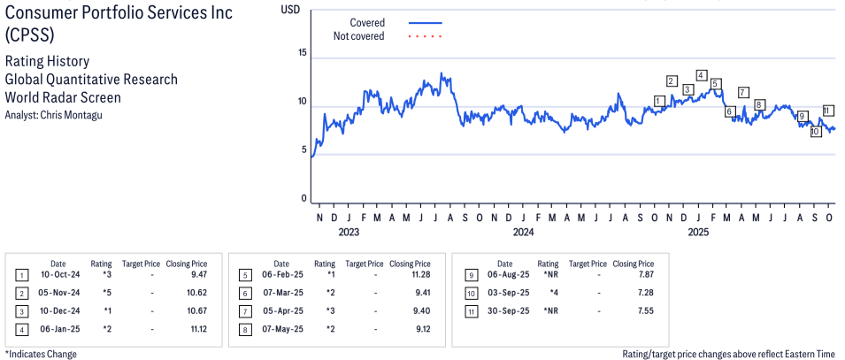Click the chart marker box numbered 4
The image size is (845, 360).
[x=701, y=75]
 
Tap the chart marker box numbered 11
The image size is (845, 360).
[x=827, y=111]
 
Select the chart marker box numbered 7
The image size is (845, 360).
[x=742, y=92]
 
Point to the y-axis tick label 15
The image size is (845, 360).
[x=302, y=53]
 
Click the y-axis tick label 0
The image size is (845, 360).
[x=303, y=199]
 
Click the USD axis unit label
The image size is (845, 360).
[x=289, y=9]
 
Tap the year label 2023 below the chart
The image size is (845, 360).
[x=349, y=233]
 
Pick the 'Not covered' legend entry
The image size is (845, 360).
[x=358, y=36]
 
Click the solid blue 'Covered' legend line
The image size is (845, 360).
[x=426, y=22]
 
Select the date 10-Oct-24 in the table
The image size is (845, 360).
[x=58, y=274]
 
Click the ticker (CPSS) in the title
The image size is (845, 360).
[x=29, y=36]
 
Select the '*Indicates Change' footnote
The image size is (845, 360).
[x=41, y=354]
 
